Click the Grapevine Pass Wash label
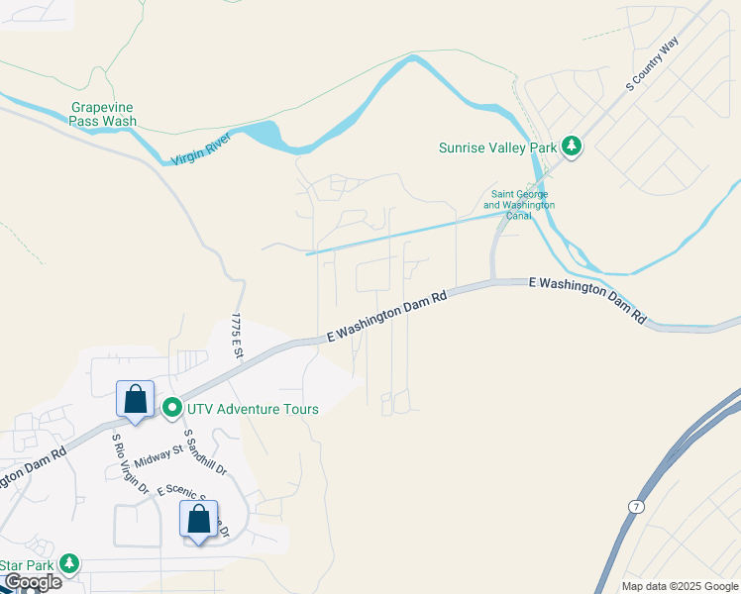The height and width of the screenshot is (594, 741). (103, 114)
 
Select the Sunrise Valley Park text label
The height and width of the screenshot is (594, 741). (497, 148)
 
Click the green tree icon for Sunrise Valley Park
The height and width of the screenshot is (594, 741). (572, 148)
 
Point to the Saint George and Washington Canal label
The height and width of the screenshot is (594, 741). (519, 205)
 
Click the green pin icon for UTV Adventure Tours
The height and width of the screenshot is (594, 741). (171, 407)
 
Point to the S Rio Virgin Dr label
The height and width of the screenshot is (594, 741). (130, 463)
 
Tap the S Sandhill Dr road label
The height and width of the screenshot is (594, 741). (205, 451)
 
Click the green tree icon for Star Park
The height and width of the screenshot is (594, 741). (68, 564)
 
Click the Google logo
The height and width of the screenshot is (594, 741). (32, 582)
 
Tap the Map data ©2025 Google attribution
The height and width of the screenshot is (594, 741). (680, 586)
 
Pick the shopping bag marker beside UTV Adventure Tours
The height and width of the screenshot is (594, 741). (136, 400)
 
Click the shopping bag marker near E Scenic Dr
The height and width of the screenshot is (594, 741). (199, 519)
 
